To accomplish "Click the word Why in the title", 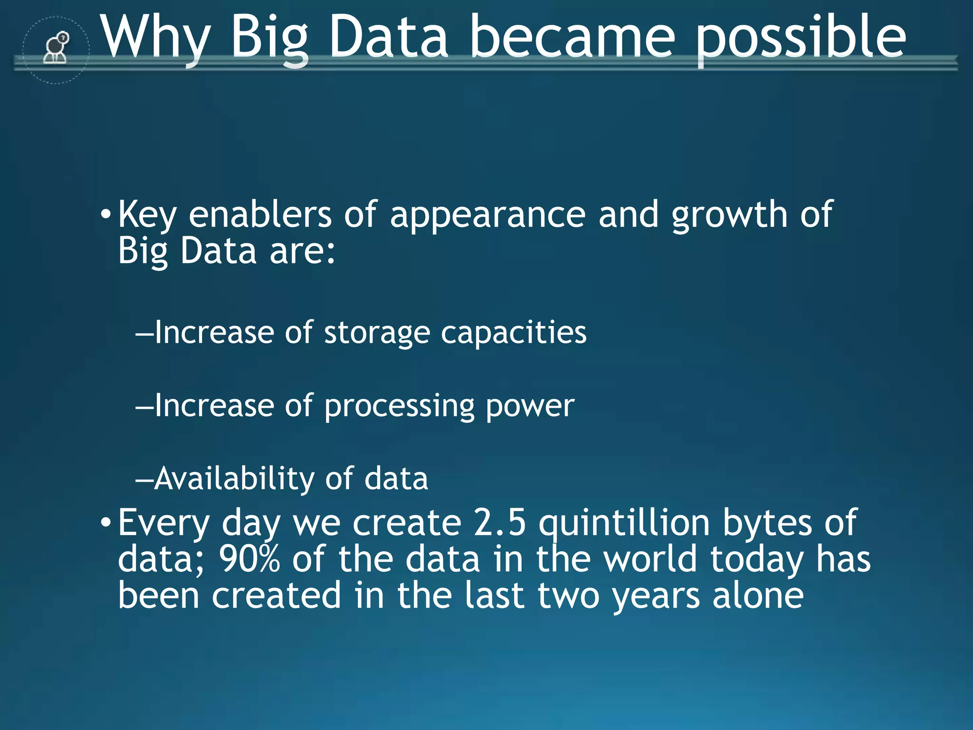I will pyautogui.click(x=157, y=38).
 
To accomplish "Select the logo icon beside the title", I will pyautogui.click(x=56, y=48).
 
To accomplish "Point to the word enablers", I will pyautogui.click(x=260, y=215).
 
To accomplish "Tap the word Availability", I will pyautogui.click(x=234, y=479).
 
